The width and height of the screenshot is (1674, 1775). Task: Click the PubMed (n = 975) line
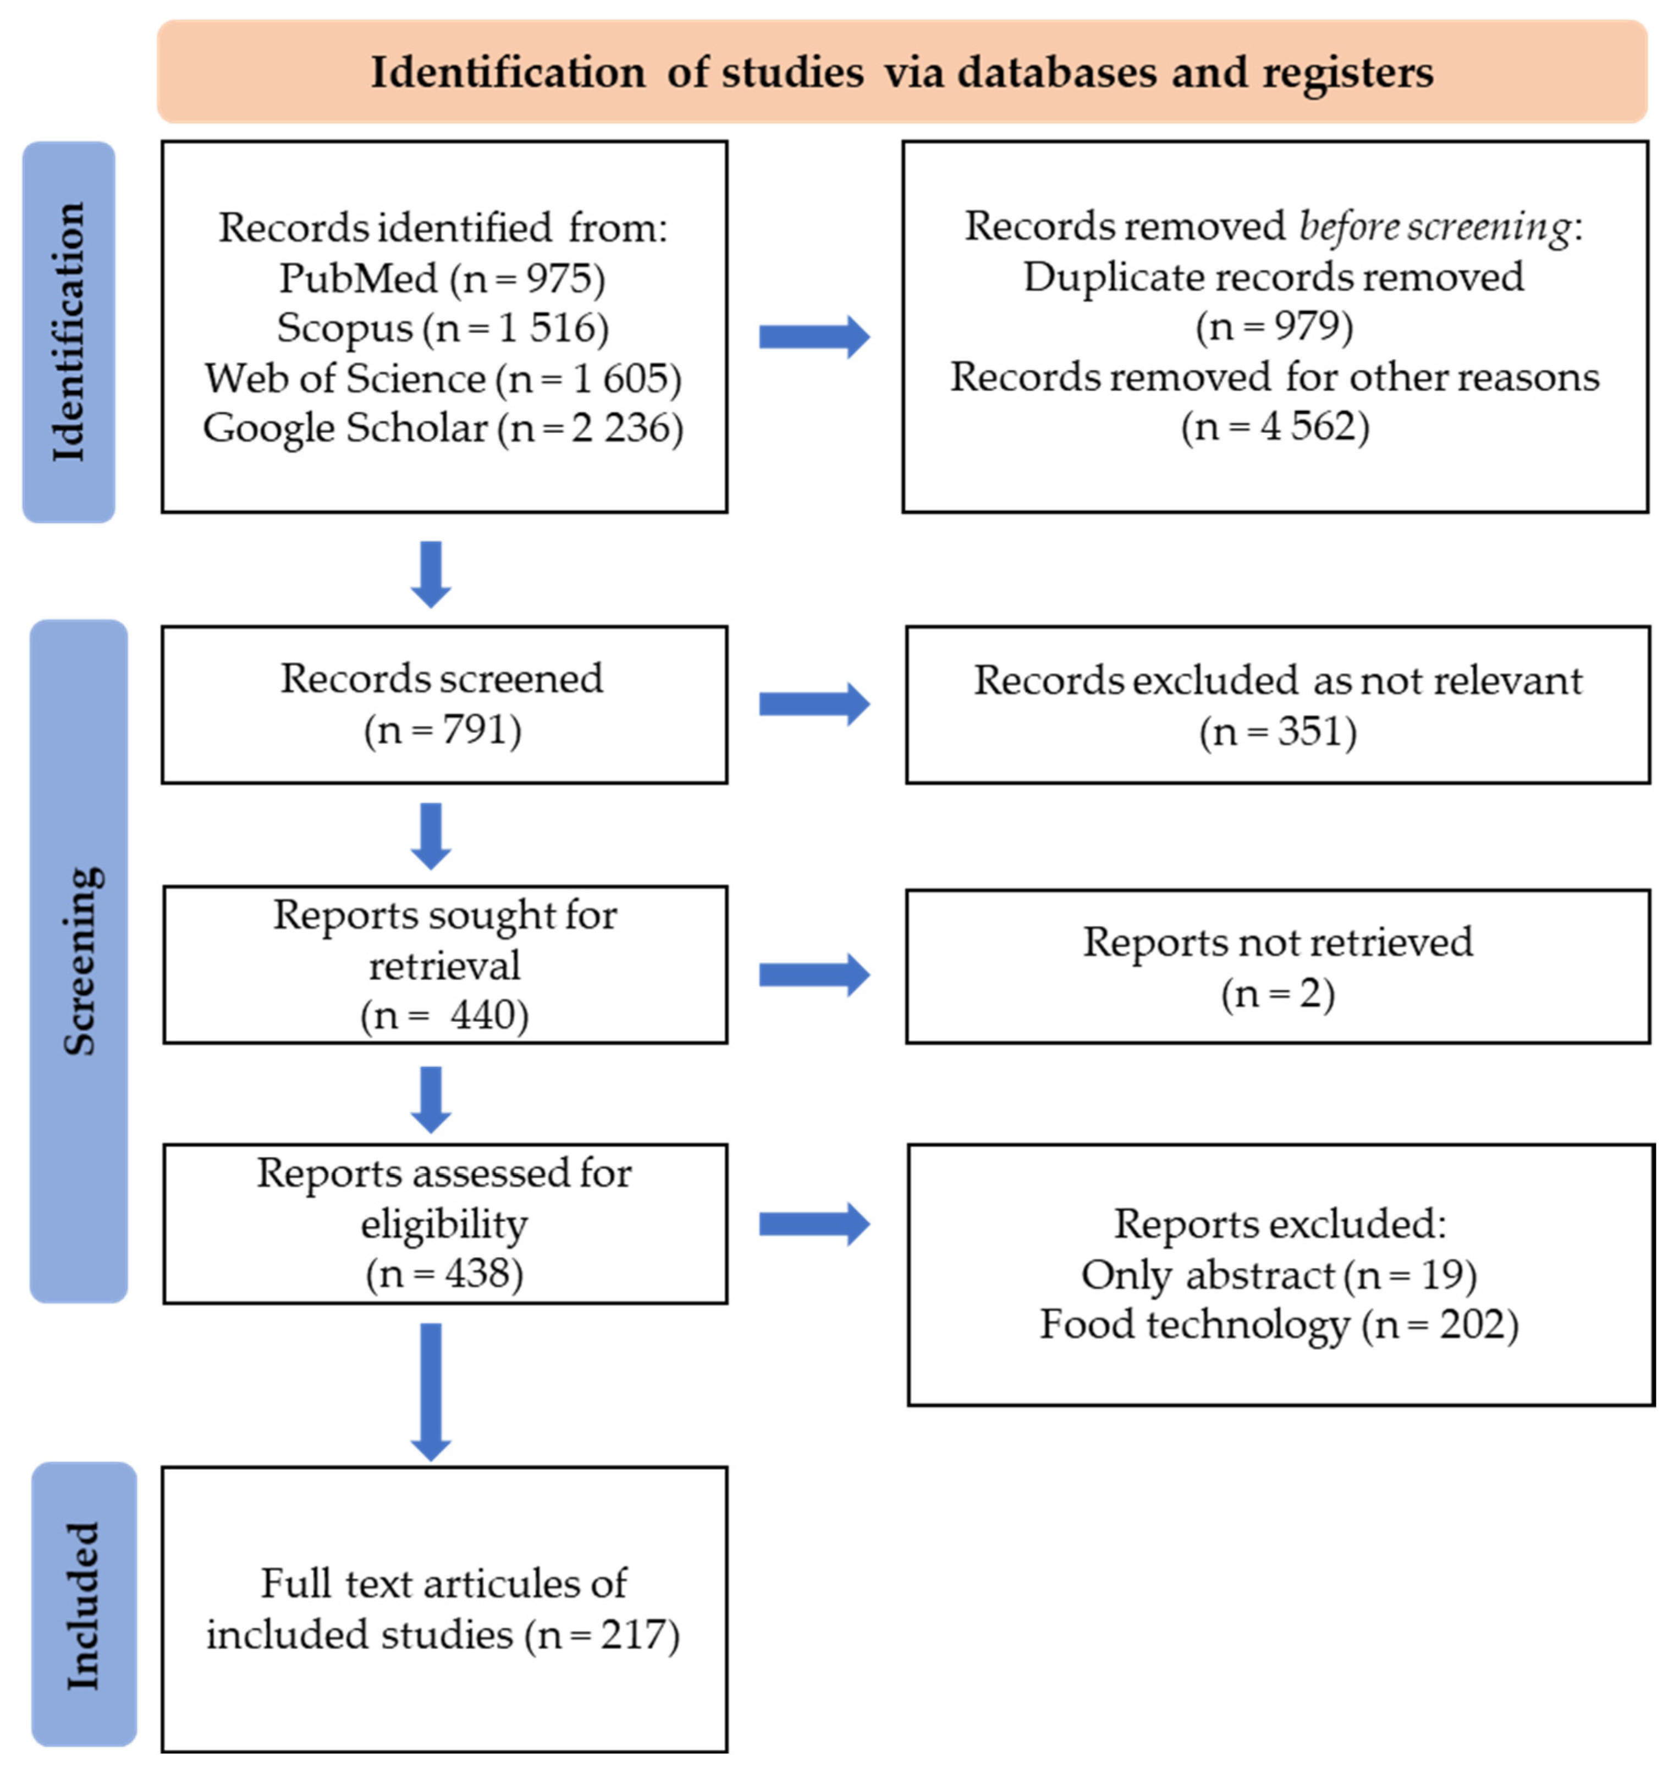(x=442, y=279)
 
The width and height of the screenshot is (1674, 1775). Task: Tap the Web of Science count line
(x=442, y=378)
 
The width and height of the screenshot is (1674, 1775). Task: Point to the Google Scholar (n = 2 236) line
(x=442, y=428)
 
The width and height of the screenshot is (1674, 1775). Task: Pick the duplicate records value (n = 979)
(x=1274, y=326)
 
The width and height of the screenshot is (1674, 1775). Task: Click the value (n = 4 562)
(x=1274, y=426)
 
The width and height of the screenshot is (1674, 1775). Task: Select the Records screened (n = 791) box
(x=444, y=704)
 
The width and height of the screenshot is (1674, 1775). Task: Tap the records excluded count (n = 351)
(x=1277, y=731)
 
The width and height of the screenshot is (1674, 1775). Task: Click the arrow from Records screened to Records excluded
(x=813, y=704)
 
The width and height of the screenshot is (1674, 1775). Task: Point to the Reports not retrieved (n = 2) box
(x=1277, y=966)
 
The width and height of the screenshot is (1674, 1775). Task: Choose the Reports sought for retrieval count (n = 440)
(x=444, y=1015)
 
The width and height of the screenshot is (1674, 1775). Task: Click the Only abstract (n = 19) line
(x=1279, y=1274)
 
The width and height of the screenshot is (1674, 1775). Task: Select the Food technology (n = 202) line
(x=1279, y=1324)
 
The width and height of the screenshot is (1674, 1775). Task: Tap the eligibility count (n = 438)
(x=444, y=1273)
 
